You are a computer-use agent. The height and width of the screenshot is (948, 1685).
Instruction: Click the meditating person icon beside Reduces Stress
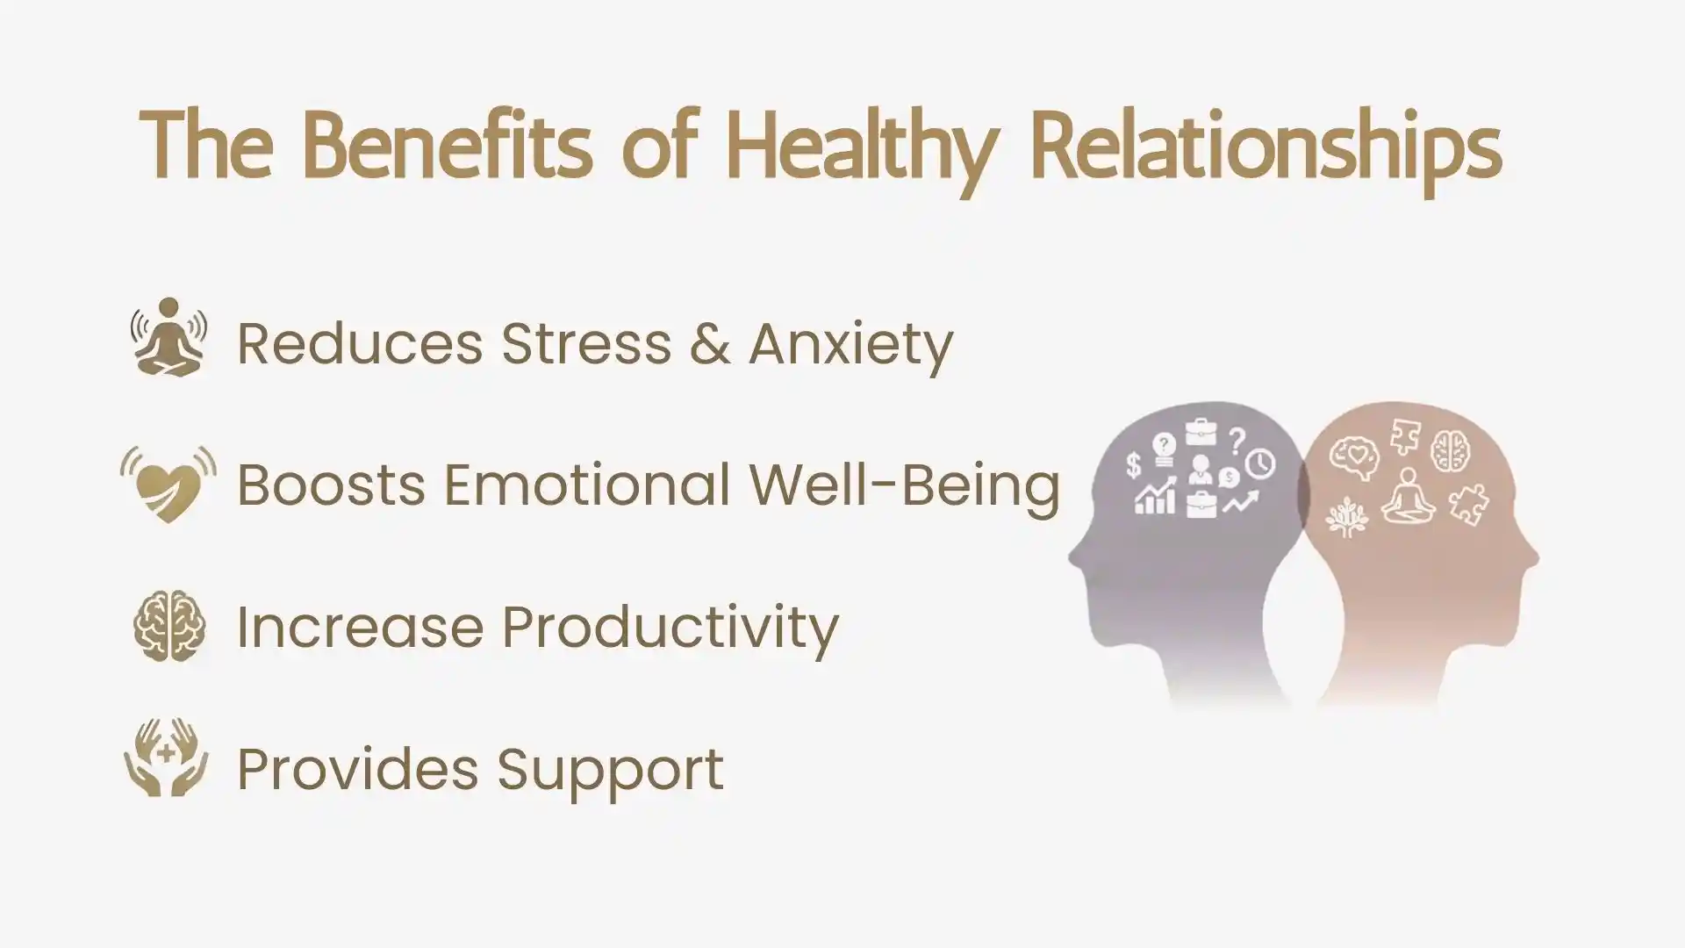[168, 338]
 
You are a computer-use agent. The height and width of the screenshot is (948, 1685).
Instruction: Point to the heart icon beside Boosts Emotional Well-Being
[168, 484]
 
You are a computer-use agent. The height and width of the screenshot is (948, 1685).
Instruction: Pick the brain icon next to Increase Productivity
[169, 626]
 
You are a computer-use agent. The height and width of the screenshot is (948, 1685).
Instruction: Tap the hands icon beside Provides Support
[167, 758]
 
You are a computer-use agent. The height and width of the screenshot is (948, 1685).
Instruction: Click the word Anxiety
[850, 344]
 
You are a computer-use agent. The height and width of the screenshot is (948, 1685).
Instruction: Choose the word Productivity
[670, 628]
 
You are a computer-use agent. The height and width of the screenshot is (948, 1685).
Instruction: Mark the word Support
[611, 771]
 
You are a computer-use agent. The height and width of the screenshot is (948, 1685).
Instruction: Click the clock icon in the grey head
[1261, 463]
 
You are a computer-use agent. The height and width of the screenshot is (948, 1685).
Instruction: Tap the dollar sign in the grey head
[1133, 465]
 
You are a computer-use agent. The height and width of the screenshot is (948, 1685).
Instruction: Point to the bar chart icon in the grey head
[1154, 498]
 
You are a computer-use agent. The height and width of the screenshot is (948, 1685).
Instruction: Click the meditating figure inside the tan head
[1408, 497]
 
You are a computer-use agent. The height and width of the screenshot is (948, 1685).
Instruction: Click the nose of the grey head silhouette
[1072, 557]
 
